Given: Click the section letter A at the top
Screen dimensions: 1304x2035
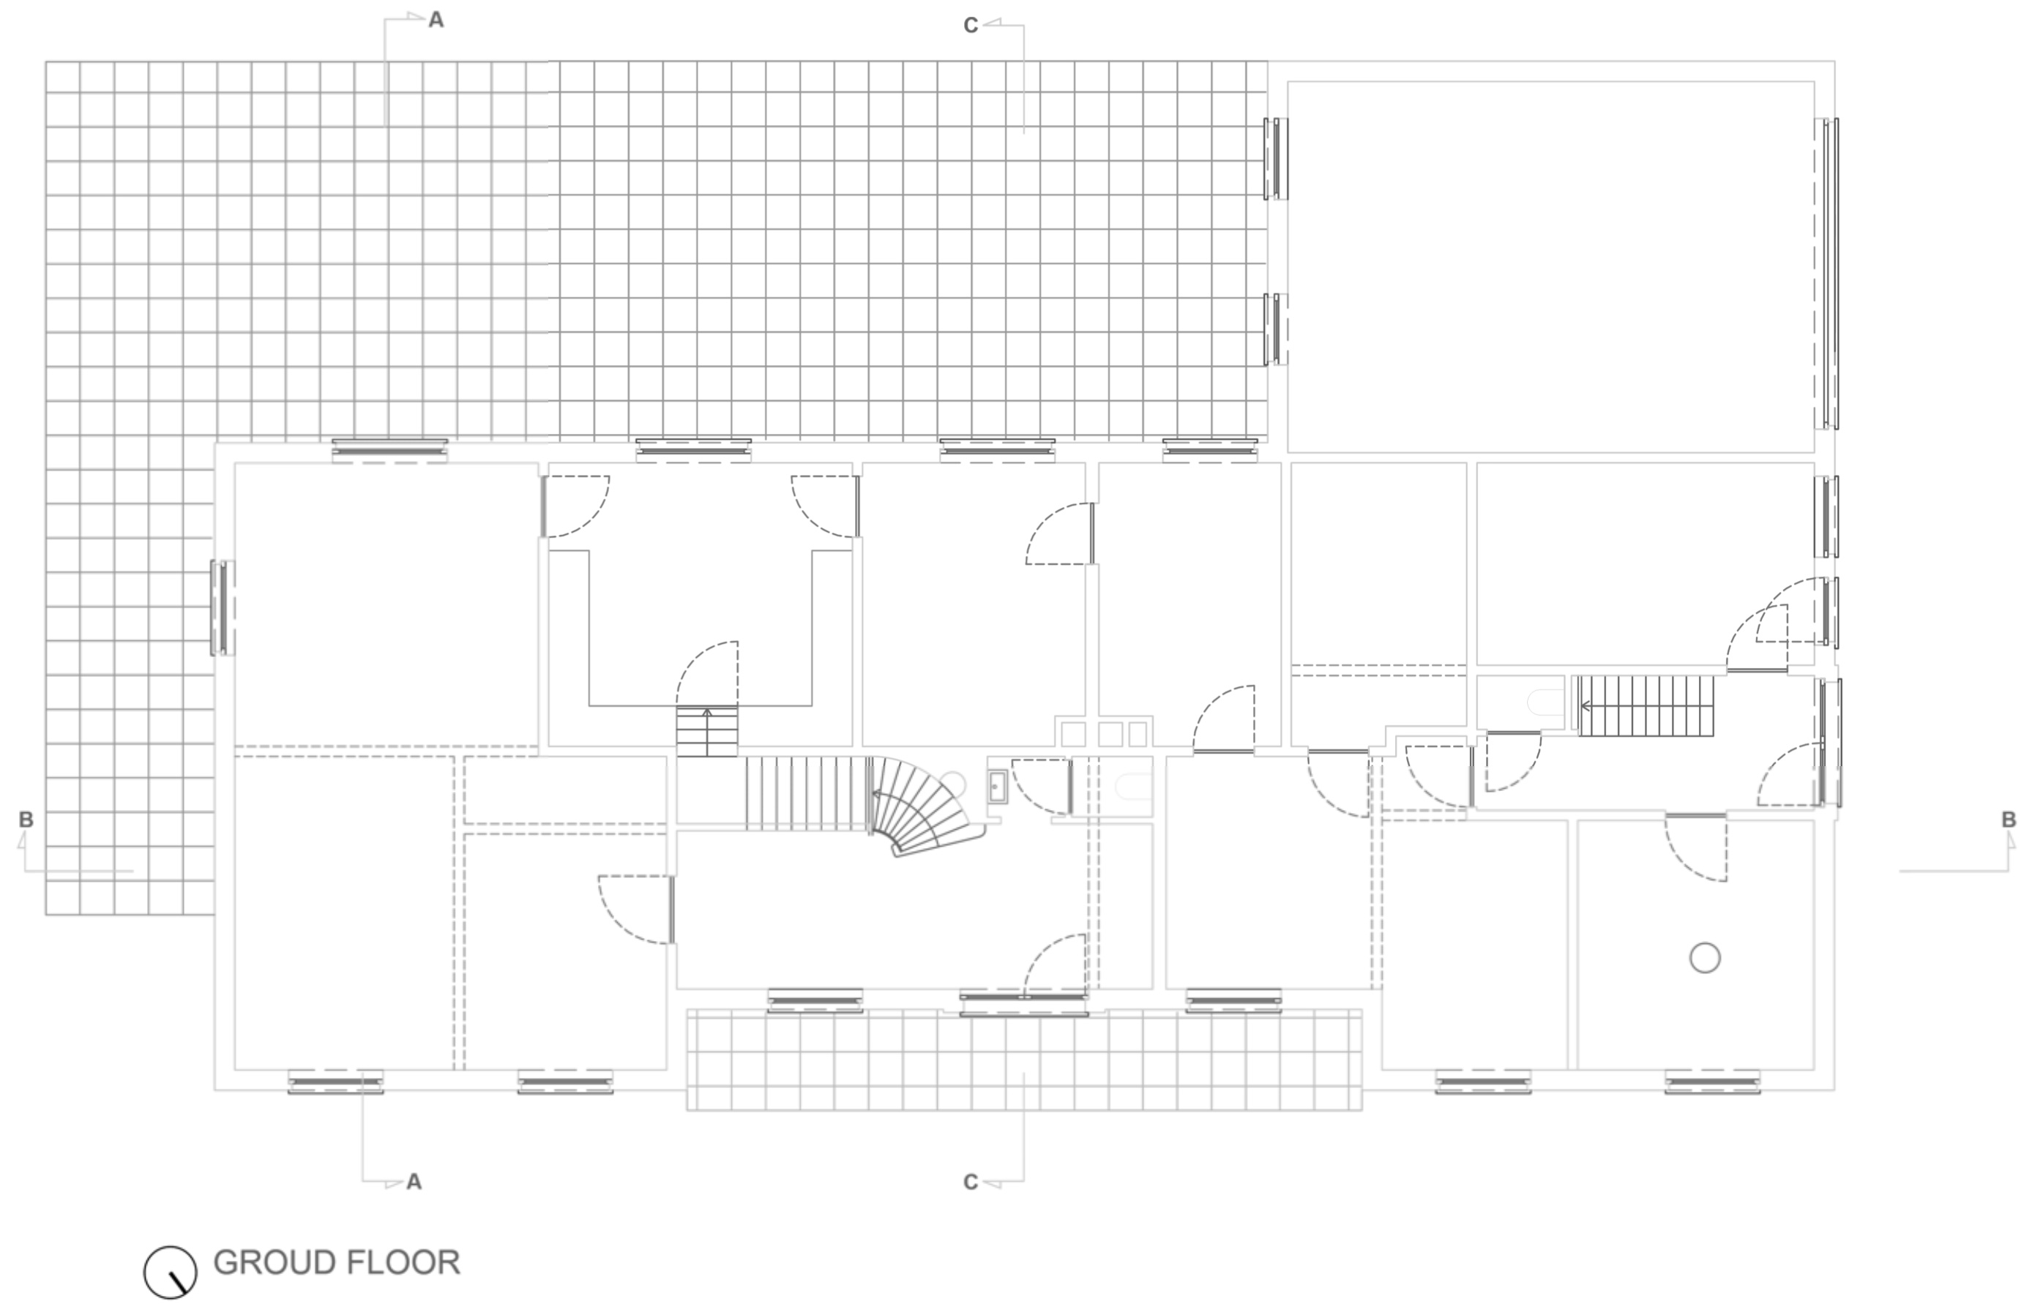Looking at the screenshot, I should (436, 20).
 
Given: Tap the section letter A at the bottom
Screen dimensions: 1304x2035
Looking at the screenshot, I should (414, 1181).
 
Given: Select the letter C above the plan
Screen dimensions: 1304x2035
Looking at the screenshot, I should (971, 26).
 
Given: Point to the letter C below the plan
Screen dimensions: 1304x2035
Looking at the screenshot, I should (971, 1182).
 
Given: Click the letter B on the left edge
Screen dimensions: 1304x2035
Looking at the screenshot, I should (26, 820).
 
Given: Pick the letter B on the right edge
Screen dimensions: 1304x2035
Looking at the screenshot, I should (2009, 820).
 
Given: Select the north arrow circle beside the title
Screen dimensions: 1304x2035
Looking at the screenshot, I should (171, 1272).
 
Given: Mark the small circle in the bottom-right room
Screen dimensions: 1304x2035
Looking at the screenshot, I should (1705, 959).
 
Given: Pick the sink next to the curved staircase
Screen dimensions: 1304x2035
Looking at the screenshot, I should (997, 787).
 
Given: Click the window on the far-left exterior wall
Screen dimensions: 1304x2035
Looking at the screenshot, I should (222, 607).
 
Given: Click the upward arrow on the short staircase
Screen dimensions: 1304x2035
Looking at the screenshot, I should (707, 713).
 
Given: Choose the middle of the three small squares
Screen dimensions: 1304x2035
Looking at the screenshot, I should (1110, 734).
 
